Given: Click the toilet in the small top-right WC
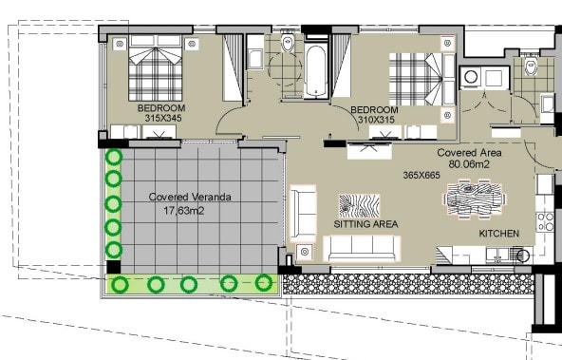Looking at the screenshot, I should pos(531,66).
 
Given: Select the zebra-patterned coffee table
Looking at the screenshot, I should pos(359,205).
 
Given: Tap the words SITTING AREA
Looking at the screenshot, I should pos(365,224).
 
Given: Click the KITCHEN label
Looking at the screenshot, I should pos(499,233).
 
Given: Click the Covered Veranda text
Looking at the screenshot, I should pos(190,198).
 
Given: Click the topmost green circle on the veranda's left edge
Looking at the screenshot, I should pos(113,158).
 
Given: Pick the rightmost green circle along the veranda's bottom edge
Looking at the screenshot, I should pos(264,282).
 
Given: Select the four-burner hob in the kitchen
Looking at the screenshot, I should pos(545,222).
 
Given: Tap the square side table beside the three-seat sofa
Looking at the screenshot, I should pos(305,253).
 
